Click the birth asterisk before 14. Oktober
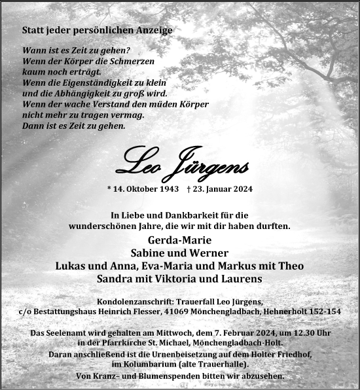click(x=109, y=188)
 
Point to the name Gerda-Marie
click(x=179, y=239)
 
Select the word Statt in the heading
click(x=33, y=30)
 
